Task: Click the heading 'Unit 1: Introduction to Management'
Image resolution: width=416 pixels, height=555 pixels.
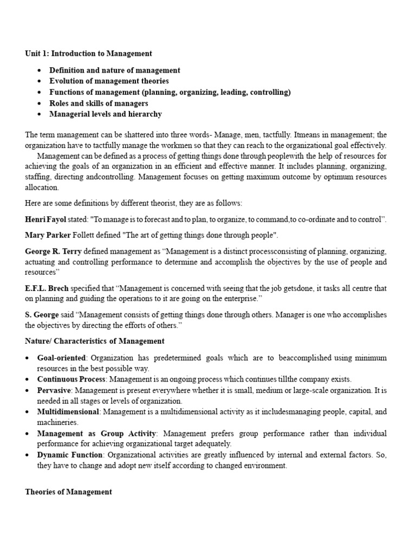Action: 88,54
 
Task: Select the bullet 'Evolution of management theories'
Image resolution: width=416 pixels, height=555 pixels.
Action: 109,81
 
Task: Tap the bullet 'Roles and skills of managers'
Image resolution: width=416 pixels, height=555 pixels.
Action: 99,103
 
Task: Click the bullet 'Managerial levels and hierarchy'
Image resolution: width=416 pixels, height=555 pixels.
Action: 106,114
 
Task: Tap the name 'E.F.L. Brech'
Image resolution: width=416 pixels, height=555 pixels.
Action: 47,288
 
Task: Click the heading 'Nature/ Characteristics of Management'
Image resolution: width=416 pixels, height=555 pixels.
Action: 95,341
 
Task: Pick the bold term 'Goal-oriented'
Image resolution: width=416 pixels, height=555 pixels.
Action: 61,358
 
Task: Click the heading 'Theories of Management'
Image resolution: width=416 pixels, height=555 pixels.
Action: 69,492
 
